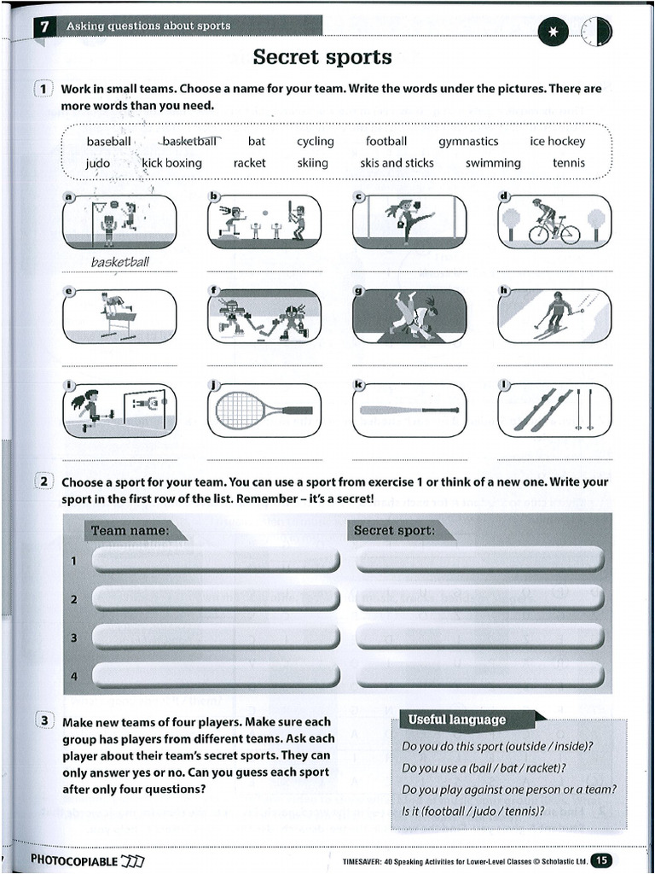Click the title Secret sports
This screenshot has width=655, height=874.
point(322,57)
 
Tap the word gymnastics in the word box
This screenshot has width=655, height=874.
point(468,142)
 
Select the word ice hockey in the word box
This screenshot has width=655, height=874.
point(557,142)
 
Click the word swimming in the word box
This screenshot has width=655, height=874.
point(493,163)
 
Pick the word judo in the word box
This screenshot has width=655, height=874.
point(98,163)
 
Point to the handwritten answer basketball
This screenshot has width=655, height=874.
point(119,262)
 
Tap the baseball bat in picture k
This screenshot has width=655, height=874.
point(409,411)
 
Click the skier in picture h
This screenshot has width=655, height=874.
point(556,315)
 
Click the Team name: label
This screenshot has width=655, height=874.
point(130,531)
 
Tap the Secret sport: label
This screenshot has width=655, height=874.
point(394,531)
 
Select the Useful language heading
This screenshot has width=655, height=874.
point(456,720)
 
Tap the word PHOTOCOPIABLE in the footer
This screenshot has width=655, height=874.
point(74,860)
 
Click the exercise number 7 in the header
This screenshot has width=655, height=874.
point(43,26)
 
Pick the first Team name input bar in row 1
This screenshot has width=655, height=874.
point(216,561)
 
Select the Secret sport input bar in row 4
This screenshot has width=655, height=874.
point(480,676)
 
